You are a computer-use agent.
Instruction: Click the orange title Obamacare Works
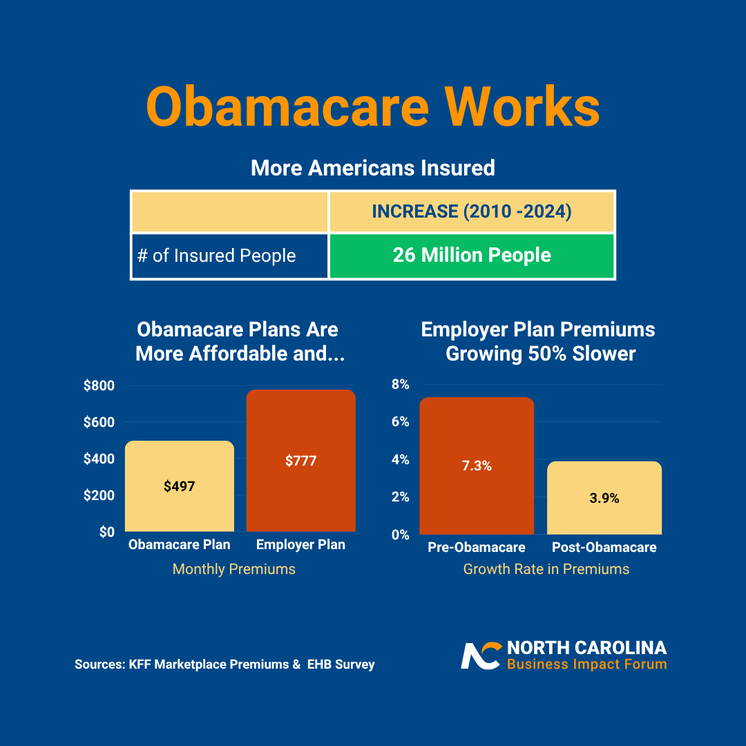point(372,107)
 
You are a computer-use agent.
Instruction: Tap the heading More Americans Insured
point(372,168)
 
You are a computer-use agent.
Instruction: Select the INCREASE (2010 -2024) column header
point(472,211)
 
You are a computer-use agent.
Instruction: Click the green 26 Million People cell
point(472,256)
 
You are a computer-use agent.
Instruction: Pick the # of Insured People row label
point(217,256)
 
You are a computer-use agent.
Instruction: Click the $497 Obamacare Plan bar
point(180,486)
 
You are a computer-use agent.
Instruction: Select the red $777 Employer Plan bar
point(301,461)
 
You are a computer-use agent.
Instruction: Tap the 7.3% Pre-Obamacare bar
point(477,466)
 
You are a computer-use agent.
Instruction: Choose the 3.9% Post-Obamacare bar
point(604,498)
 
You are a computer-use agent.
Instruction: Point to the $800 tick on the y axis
point(99,386)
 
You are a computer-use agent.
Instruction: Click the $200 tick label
point(99,495)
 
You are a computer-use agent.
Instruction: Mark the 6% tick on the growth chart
point(401,422)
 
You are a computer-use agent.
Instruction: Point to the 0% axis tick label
point(401,535)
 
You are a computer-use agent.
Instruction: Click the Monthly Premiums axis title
point(233,569)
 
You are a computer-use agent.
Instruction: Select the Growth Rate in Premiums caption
point(546,569)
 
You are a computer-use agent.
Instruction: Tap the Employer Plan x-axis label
point(300,545)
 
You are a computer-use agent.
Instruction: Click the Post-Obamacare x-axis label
point(604,548)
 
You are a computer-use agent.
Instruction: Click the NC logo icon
point(481,656)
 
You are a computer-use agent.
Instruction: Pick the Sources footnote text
point(224,664)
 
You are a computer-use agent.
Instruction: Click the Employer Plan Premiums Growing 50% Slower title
point(539,341)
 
